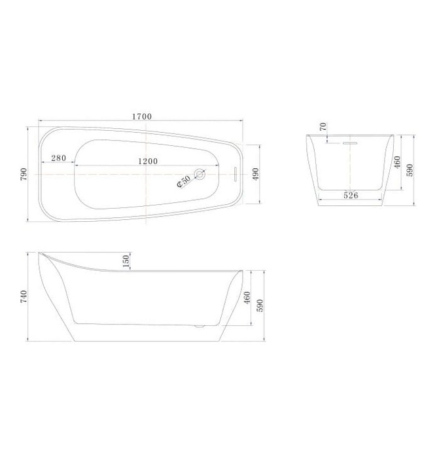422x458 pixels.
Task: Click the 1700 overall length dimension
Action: coord(141,116)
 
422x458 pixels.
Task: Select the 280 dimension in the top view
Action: coord(58,159)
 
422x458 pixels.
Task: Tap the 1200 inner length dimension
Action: coord(151,160)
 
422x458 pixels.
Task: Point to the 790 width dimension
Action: coord(24,173)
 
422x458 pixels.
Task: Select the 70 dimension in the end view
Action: coord(323,127)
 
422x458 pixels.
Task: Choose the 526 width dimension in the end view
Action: coord(350,194)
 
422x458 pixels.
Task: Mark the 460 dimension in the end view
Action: coord(397,162)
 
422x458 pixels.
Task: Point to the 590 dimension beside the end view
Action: coord(411,170)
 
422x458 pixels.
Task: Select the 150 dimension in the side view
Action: coord(126,260)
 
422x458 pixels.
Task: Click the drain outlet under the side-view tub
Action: coord(201,324)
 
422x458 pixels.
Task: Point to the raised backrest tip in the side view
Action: coord(43,254)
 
